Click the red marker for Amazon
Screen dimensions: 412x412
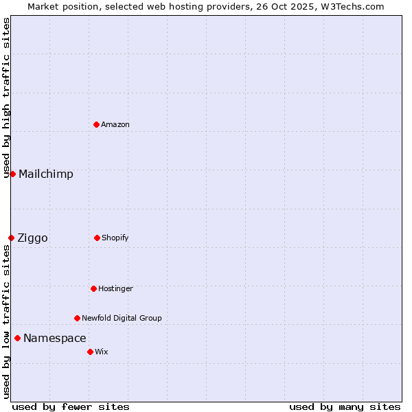click(x=97, y=124)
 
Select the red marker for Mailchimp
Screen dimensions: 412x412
click(x=12, y=174)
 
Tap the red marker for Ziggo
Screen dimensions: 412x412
click(x=11, y=238)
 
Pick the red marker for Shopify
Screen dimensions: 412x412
click(x=97, y=238)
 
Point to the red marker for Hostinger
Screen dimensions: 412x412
click(x=93, y=288)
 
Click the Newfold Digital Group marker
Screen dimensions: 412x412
click(x=77, y=318)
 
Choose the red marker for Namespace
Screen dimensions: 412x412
click(x=17, y=338)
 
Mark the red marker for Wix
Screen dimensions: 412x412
click(x=90, y=352)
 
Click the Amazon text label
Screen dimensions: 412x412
click(x=115, y=124)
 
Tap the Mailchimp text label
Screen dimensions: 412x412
click(x=46, y=174)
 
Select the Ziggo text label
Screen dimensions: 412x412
click(x=32, y=238)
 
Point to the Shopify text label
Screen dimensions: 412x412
click(x=115, y=238)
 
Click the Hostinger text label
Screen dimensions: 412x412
click(x=115, y=288)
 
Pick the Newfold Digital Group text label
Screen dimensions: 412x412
click(x=122, y=318)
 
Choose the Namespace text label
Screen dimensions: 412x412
click(x=55, y=338)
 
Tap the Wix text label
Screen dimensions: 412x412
click(x=102, y=352)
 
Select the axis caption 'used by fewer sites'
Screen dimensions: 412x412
click(x=71, y=407)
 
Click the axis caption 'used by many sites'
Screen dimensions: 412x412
click(x=345, y=407)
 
